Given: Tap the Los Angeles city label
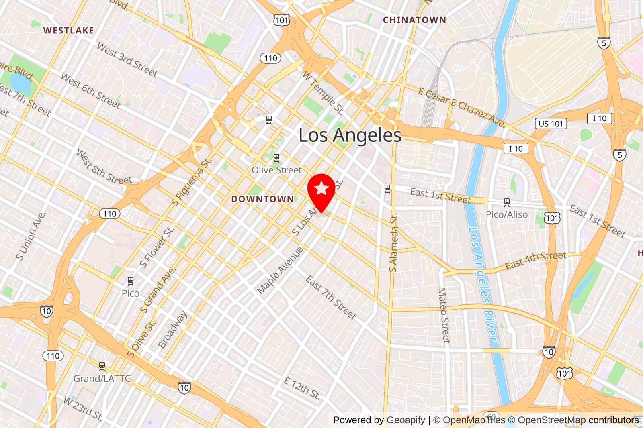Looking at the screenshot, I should click(350, 135).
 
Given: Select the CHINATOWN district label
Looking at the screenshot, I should click(414, 20).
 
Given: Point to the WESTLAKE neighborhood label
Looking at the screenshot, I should click(69, 31).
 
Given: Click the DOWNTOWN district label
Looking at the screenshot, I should click(262, 199).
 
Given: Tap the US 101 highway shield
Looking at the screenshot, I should click(551, 124).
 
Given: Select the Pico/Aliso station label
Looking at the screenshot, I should click(506, 215).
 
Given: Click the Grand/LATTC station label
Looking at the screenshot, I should click(102, 379).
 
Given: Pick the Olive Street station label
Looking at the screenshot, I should click(276, 170).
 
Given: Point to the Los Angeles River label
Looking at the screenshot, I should click(483, 283).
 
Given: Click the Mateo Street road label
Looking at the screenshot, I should click(443, 315).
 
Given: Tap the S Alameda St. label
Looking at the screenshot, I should click(394, 243).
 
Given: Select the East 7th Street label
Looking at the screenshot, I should click(331, 298).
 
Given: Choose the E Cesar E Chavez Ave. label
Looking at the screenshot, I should click(461, 107).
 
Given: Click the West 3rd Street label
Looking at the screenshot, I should click(127, 60).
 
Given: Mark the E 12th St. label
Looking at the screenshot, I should click(302, 388).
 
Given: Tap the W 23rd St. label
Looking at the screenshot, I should click(83, 408).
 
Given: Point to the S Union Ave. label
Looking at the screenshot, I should click(31, 236).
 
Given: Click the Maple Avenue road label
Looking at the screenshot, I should click(280, 270).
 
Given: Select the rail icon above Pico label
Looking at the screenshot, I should click(130, 281).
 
